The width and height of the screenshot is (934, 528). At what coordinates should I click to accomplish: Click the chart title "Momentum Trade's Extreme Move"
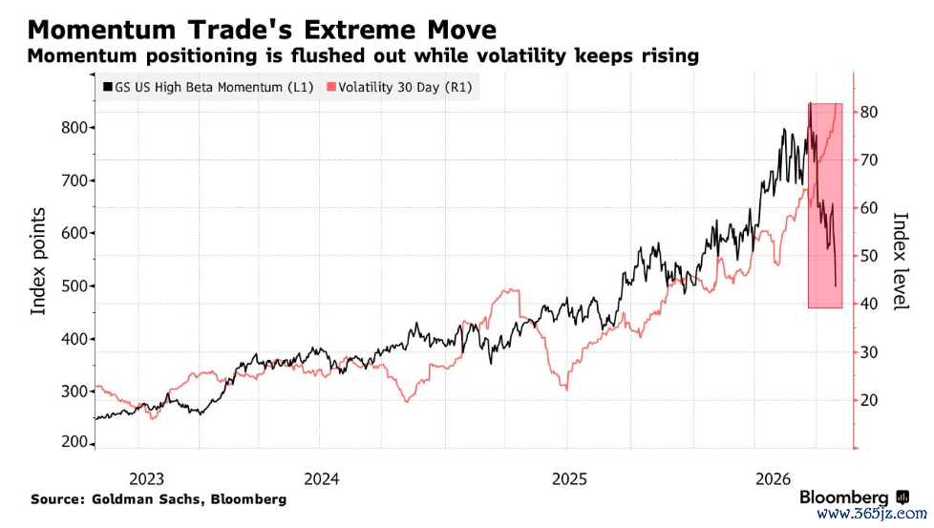click(x=262, y=30)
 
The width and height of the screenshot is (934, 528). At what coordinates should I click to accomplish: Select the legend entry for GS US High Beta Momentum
click(x=208, y=87)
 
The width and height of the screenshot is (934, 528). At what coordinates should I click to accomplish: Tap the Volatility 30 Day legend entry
click(x=400, y=87)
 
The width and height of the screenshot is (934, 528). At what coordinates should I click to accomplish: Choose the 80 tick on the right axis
click(x=869, y=112)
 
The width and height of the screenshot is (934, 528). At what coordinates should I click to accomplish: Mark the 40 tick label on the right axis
click(x=869, y=304)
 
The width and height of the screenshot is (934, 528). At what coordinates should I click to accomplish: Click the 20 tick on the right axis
click(x=869, y=400)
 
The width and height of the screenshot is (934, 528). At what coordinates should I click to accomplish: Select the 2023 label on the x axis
click(x=146, y=478)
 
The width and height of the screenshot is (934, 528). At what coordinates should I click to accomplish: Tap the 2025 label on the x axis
click(x=569, y=478)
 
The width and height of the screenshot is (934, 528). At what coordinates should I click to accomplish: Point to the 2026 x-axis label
click(x=774, y=478)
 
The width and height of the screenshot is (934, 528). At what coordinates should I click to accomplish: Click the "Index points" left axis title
click(x=38, y=261)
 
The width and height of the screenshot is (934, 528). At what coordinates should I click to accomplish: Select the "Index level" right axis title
click(x=900, y=261)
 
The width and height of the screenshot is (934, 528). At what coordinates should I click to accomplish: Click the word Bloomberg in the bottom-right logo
click(x=843, y=497)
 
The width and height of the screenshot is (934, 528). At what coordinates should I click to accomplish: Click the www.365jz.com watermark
click(x=872, y=514)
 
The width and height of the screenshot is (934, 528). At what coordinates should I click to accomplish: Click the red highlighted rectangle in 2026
click(x=825, y=205)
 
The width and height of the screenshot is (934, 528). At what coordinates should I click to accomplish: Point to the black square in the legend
click(x=108, y=87)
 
